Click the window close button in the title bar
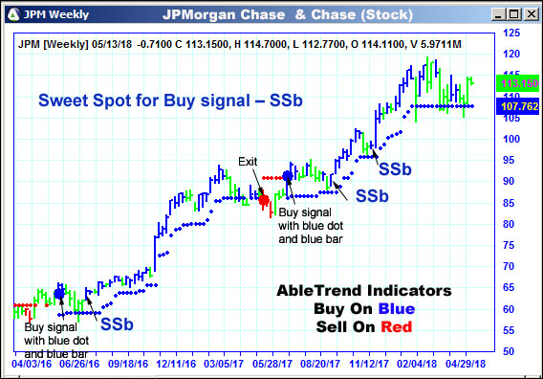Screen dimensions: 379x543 (531, 13)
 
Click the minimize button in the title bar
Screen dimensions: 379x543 (499, 13)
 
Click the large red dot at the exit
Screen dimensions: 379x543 (264, 200)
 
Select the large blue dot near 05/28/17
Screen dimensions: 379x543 (288, 176)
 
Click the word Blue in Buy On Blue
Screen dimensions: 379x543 (368, 308)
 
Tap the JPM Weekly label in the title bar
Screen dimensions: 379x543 (53, 13)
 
